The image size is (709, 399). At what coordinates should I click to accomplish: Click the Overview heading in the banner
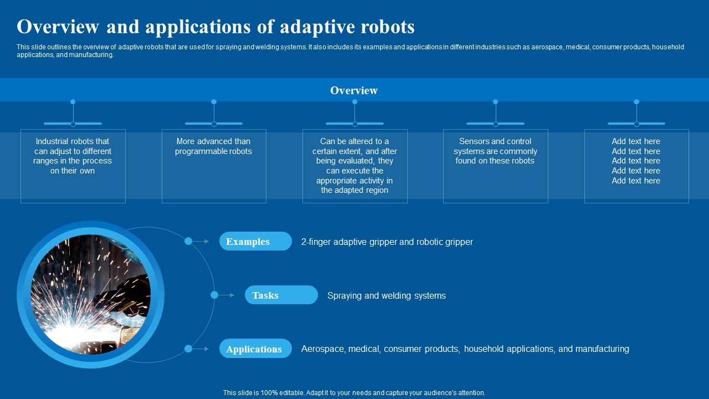click(x=354, y=90)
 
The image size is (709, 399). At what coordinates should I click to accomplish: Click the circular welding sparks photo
click(x=90, y=295)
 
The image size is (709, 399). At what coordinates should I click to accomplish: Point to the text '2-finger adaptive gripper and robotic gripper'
click(x=387, y=242)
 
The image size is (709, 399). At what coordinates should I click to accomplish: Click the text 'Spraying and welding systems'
click(x=386, y=295)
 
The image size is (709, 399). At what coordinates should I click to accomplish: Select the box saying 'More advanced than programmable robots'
click(x=213, y=166)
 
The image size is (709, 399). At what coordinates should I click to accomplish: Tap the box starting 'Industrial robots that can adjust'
click(x=73, y=166)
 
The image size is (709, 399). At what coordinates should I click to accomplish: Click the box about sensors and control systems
click(x=495, y=166)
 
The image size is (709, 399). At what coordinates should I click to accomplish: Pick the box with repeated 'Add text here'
click(x=636, y=166)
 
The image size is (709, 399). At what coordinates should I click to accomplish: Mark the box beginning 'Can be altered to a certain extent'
click(x=354, y=166)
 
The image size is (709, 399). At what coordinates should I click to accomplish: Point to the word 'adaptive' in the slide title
click(x=312, y=27)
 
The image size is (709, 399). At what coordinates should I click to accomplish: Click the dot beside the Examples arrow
click(x=188, y=241)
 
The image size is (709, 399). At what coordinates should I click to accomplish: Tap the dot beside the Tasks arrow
click(x=214, y=295)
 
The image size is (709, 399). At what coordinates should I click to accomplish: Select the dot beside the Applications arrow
click(x=188, y=349)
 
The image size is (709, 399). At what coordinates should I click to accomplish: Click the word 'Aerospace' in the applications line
click(x=322, y=349)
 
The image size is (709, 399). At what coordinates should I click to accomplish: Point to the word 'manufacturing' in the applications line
click(x=602, y=349)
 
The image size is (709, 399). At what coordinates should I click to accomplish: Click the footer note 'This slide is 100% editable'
click(x=354, y=393)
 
